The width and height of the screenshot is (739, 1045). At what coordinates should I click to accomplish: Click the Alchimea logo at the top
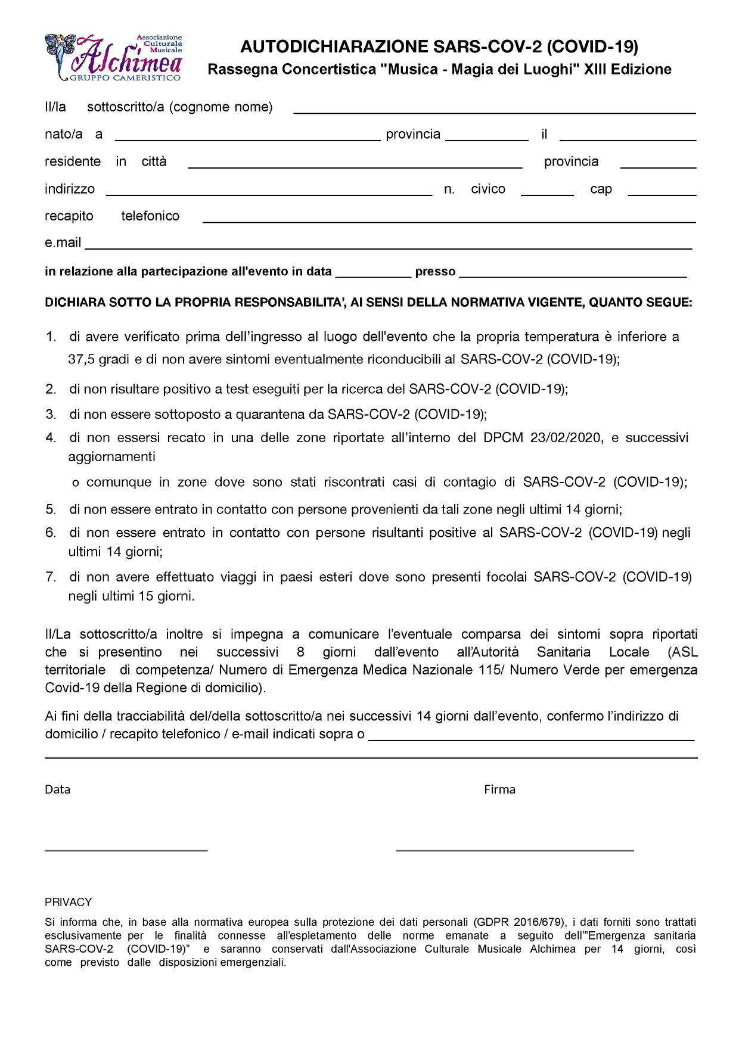pos(113,58)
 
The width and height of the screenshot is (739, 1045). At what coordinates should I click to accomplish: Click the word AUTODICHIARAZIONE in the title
pos(334,46)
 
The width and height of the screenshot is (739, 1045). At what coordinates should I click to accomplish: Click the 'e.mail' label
pos(63,242)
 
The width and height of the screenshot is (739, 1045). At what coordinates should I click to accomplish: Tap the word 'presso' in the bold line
pos(435,272)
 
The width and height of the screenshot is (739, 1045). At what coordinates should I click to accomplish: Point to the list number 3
pos(51,415)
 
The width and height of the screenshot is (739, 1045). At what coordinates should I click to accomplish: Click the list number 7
pos(51,577)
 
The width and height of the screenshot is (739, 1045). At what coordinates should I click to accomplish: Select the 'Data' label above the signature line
pos(57,789)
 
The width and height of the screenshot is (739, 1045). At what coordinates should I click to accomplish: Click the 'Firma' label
pos(499,789)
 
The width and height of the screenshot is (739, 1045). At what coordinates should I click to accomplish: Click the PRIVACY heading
pos(68,902)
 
